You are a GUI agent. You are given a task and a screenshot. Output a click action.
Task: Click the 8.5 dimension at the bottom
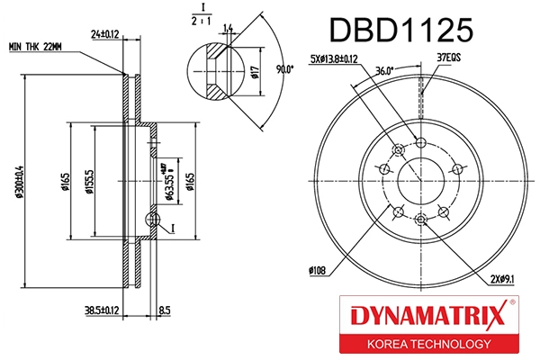tap(164, 311)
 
